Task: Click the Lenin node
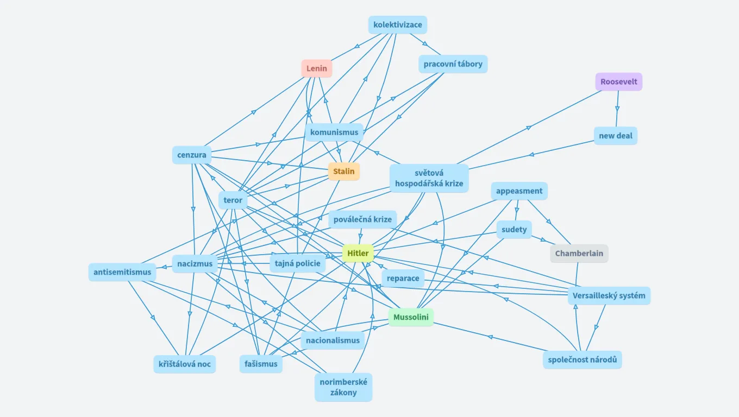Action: click(x=317, y=68)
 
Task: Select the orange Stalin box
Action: click(x=344, y=172)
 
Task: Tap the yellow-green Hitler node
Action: click(x=358, y=253)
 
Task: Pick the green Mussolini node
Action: click(x=411, y=317)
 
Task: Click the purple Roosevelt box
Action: click(x=619, y=81)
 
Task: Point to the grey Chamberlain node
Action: click(x=579, y=254)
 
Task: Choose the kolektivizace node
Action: click(x=398, y=25)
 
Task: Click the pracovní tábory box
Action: click(x=453, y=64)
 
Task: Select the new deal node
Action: click(x=616, y=136)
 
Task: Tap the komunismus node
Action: click(x=334, y=132)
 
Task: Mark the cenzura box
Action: click(x=192, y=155)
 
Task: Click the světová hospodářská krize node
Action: click(x=429, y=178)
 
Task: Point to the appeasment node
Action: click(x=519, y=191)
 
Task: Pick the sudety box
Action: click(x=514, y=229)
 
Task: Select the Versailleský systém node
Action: click(x=609, y=295)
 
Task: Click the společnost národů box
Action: click(x=582, y=359)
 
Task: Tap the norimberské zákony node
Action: click(x=343, y=387)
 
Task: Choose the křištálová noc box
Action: click(x=185, y=364)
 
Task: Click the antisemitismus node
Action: click(x=122, y=272)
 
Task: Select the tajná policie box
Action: click(x=298, y=264)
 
